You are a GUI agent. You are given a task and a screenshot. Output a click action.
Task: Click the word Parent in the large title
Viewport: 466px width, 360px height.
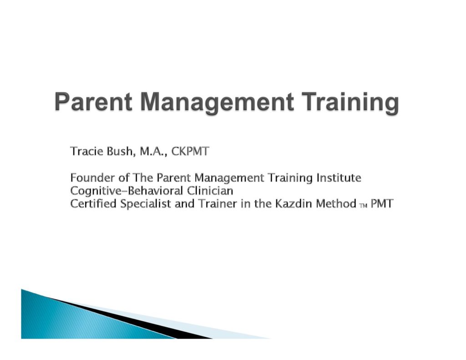click(93, 101)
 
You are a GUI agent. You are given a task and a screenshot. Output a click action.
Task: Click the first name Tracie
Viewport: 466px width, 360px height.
click(87, 151)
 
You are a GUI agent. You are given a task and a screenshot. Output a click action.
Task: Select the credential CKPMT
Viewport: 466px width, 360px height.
click(191, 151)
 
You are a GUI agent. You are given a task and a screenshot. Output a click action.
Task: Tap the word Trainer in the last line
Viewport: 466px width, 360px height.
click(218, 204)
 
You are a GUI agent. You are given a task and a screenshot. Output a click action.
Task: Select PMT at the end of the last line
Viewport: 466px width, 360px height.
click(382, 204)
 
